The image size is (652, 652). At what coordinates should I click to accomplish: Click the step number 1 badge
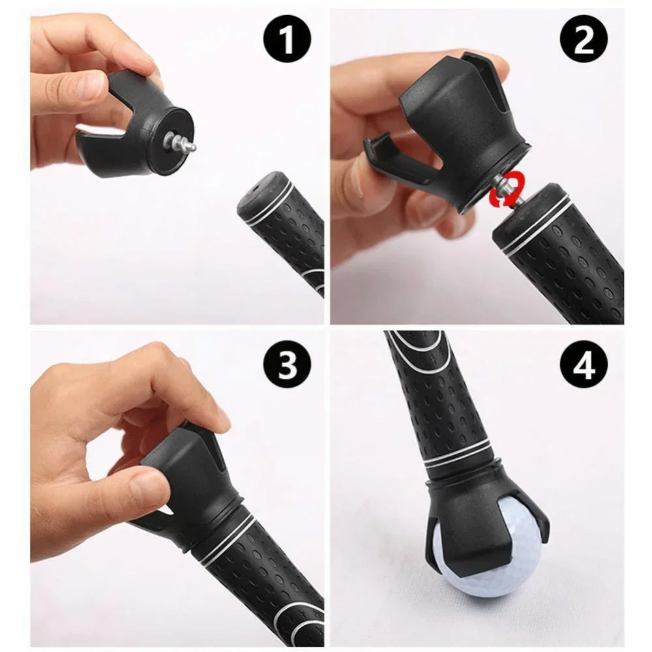(x=286, y=41)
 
